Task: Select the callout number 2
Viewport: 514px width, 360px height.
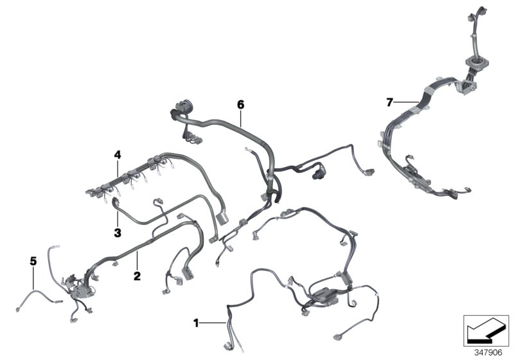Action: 136,276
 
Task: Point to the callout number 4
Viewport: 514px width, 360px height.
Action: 118,154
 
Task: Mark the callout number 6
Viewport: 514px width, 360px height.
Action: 241,104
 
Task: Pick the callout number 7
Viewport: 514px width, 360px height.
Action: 389,102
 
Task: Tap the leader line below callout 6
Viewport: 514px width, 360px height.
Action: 241,116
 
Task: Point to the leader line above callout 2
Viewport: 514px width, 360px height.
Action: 136,262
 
